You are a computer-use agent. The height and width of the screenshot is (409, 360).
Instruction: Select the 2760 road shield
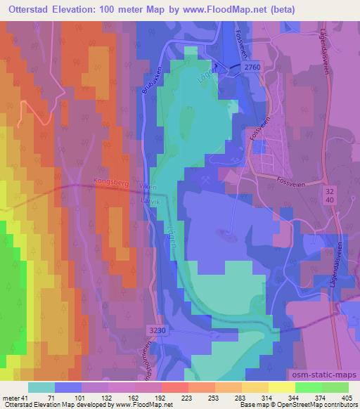pyautogui.click(x=254, y=65)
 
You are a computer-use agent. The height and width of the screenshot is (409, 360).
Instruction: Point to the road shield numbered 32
pyautogui.click(x=330, y=190)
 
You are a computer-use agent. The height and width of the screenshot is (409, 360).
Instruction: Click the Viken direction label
pyautogui.click(x=148, y=187)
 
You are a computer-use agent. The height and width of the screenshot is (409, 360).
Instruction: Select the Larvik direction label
pyautogui.click(x=148, y=199)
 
